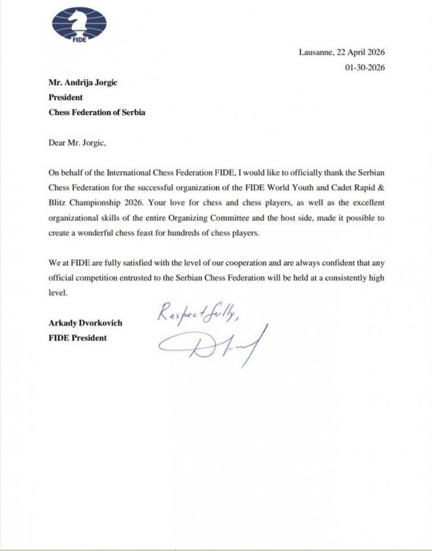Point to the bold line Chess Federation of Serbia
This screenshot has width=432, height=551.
coord(96,112)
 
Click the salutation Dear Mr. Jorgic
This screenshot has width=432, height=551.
coord(77,142)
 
